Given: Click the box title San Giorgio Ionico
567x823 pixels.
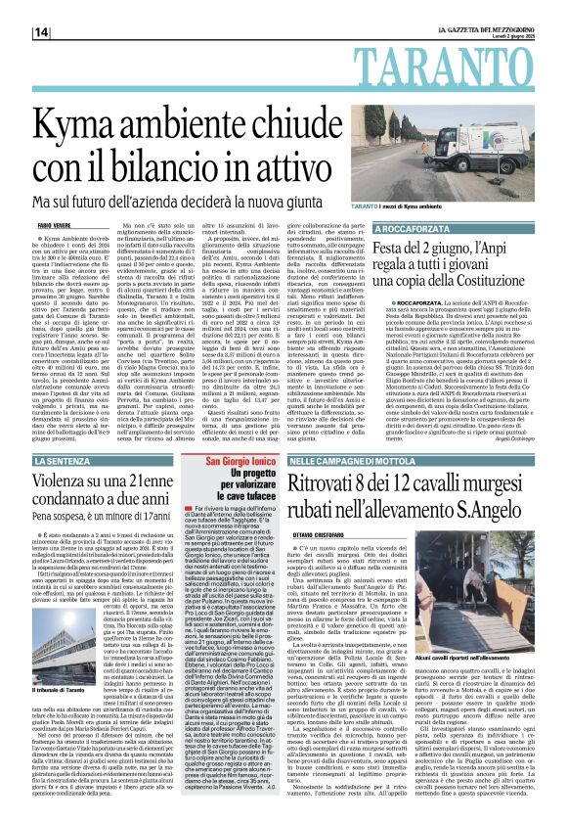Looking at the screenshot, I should pos(214,461).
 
